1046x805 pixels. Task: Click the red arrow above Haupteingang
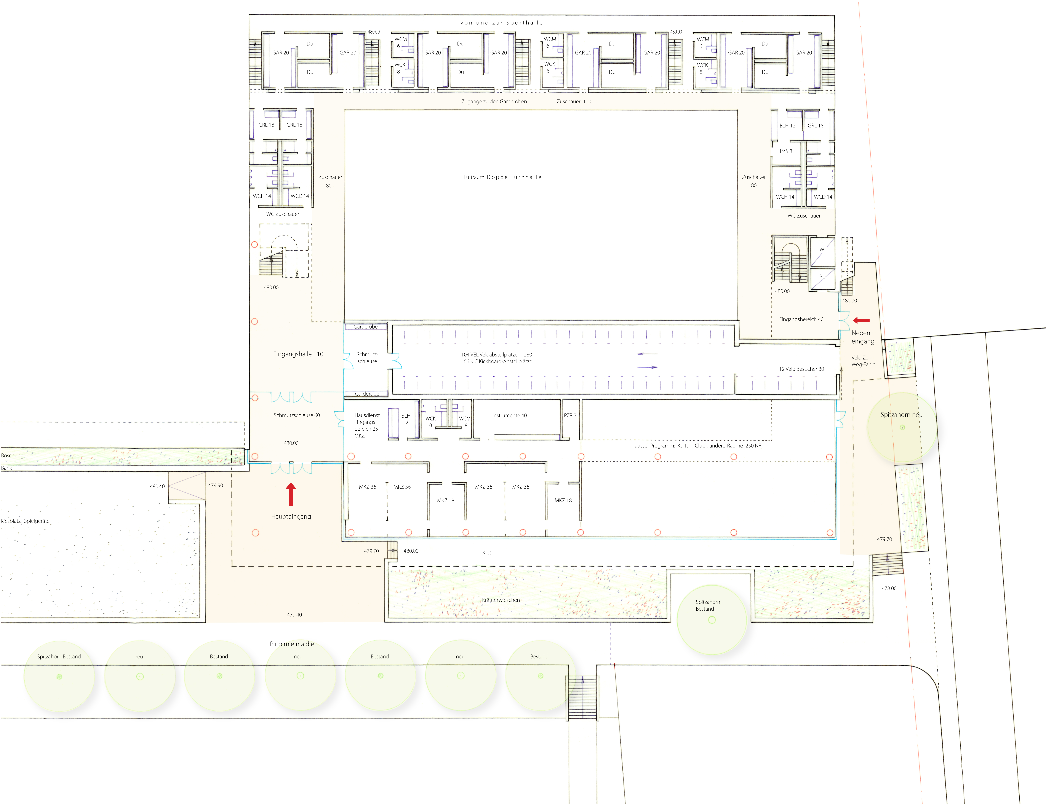pos(291,494)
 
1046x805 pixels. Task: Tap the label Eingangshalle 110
pos(298,354)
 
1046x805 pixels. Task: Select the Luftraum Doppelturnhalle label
pos(502,177)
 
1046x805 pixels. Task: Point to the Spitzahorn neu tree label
pos(901,415)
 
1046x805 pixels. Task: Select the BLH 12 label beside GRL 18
pos(787,125)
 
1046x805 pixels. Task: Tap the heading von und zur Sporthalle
pos(501,22)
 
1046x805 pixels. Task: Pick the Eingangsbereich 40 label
pos(801,319)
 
